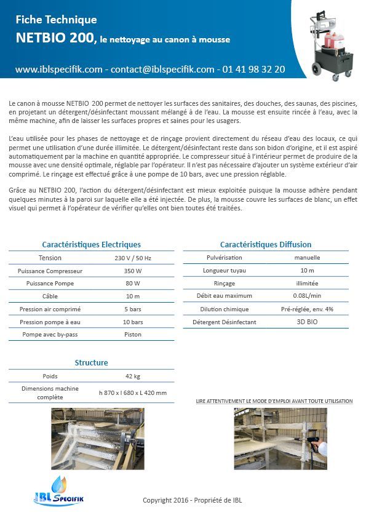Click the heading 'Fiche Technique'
tap(56, 20)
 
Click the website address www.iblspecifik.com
tap(59, 70)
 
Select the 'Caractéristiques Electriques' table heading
tap(91, 244)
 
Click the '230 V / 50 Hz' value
tap(133, 258)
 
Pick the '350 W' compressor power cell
tap(133, 271)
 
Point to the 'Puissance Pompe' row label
tap(50, 284)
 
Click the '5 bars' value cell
tap(133, 309)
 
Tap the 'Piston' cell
tap(133, 335)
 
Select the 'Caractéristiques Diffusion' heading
tap(266, 244)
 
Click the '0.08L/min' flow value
tap(308, 296)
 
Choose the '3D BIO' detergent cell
tap(308, 322)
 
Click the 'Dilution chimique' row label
tap(225, 309)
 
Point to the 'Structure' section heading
tap(91, 362)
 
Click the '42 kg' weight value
tap(133, 376)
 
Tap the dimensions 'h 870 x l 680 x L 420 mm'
tap(133, 392)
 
